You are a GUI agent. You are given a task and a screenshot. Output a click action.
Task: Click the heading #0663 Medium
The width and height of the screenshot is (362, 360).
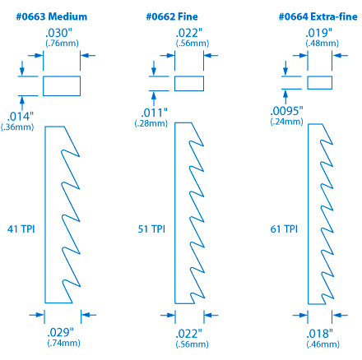[52, 16]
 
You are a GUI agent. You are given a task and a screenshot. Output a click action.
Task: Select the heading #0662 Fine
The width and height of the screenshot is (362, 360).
[172, 16]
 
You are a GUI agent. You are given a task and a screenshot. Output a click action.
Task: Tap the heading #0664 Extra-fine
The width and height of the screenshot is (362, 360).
[318, 16]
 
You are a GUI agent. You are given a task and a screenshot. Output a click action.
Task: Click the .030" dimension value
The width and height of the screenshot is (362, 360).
[58, 33]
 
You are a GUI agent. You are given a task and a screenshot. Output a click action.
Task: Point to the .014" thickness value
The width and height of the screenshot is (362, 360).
[20, 117]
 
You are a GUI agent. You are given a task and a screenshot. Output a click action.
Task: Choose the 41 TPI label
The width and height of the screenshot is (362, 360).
[21, 229]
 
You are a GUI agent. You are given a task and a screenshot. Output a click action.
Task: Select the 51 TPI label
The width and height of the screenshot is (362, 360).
[151, 229]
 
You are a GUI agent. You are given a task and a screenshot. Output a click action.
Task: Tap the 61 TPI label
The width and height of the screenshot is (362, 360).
[284, 229]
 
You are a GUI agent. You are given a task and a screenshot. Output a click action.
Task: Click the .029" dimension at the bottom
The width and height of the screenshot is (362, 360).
[60, 332]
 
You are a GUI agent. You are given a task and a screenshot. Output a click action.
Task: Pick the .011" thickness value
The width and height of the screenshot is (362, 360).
[154, 113]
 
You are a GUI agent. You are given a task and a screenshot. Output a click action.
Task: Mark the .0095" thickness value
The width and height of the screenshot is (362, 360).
[286, 111]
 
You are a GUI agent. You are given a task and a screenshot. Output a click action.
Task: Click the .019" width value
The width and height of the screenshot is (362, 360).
[318, 33]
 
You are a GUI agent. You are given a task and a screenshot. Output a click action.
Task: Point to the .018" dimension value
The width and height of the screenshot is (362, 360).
[319, 334]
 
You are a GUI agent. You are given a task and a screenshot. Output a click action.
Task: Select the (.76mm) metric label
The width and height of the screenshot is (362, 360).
[62, 44]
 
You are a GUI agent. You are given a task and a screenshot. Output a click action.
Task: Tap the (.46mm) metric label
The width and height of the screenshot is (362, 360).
[323, 344]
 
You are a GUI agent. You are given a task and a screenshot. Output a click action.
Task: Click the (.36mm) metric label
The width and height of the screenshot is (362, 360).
[17, 127]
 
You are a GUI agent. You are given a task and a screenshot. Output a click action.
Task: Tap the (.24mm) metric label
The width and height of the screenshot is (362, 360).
[286, 122]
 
